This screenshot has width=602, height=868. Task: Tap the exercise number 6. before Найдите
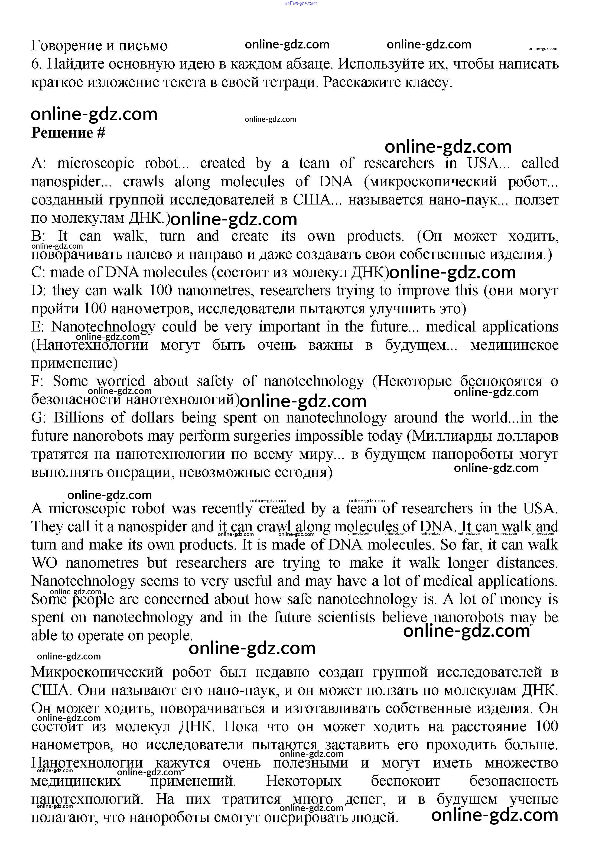(x=36, y=64)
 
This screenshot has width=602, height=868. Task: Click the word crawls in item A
(x=143, y=182)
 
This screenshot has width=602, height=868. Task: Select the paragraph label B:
(x=38, y=236)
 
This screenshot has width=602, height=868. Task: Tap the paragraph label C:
(x=38, y=272)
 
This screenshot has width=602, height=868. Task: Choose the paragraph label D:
(x=39, y=291)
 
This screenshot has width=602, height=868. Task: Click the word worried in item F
(x=121, y=381)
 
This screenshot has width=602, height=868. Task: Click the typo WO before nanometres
(x=44, y=563)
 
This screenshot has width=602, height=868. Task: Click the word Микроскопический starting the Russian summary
(x=97, y=672)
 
